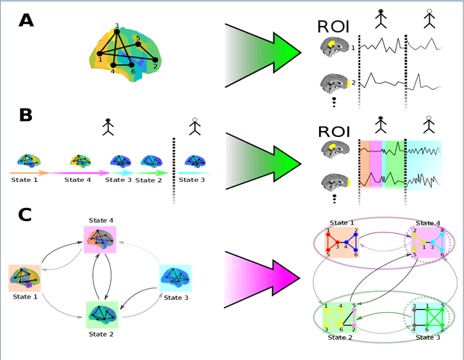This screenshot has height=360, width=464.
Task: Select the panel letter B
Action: click(25, 117)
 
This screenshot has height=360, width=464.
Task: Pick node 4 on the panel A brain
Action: click(113, 65)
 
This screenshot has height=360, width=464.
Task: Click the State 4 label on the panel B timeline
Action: click(78, 179)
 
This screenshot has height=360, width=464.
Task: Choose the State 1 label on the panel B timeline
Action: click(25, 179)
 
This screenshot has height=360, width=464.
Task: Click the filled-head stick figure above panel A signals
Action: click(378, 22)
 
